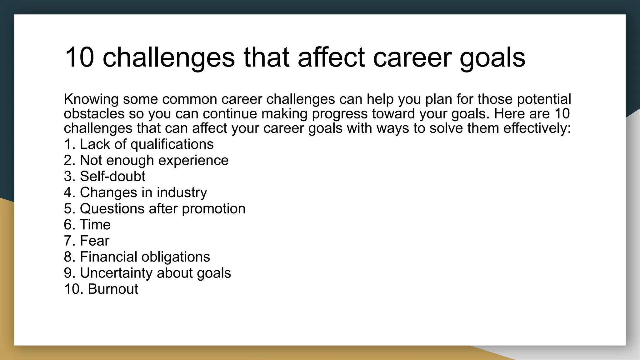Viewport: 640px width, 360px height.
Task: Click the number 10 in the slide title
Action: pyautogui.click(x=79, y=57)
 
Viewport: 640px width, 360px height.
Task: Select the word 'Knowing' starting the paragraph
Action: pyautogui.click(x=91, y=99)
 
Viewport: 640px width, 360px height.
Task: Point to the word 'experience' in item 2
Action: pyautogui.click(x=193, y=161)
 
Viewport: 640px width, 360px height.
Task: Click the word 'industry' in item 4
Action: pyautogui.click(x=182, y=192)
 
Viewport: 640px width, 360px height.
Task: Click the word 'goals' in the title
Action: pyautogui.click(x=492, y=57)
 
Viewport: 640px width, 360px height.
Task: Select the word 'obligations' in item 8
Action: pyautogui.click(x=176, y=257)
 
